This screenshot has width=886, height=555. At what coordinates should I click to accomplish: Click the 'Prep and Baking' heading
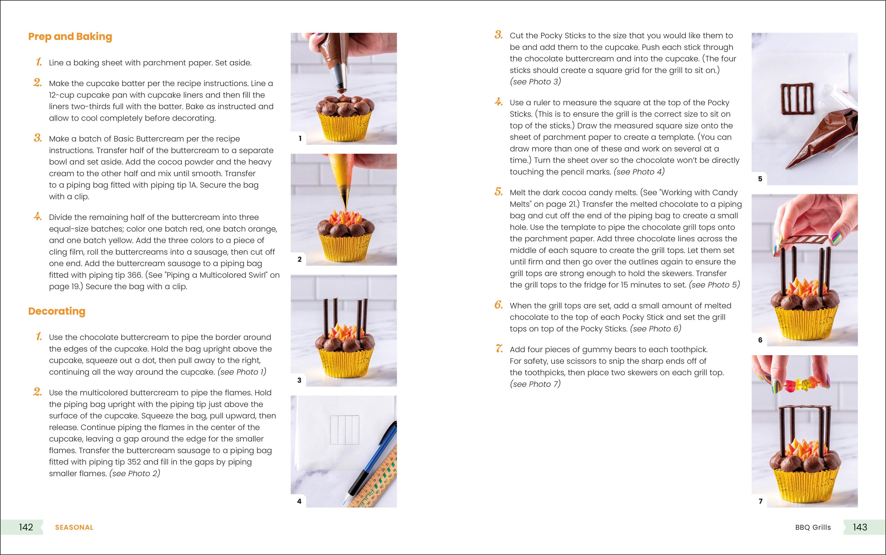(x=70, y=37)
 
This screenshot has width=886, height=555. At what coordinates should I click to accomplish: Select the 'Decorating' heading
(x=57, y=311)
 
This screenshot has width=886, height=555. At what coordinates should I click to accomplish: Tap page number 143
(x=860, y=527)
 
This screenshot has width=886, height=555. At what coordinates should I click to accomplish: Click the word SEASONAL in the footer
(x=74, y=528)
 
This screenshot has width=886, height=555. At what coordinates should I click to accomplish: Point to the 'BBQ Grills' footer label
(x=813, y=528)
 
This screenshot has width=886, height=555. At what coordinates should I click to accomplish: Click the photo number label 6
(x=760, y=340)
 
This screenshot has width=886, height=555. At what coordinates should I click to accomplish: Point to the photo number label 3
(x=299, y=380)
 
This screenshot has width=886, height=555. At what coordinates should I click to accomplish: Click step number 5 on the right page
(x=499, y=192)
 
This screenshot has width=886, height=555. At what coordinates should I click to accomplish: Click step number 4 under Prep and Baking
(x=37, y=217)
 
